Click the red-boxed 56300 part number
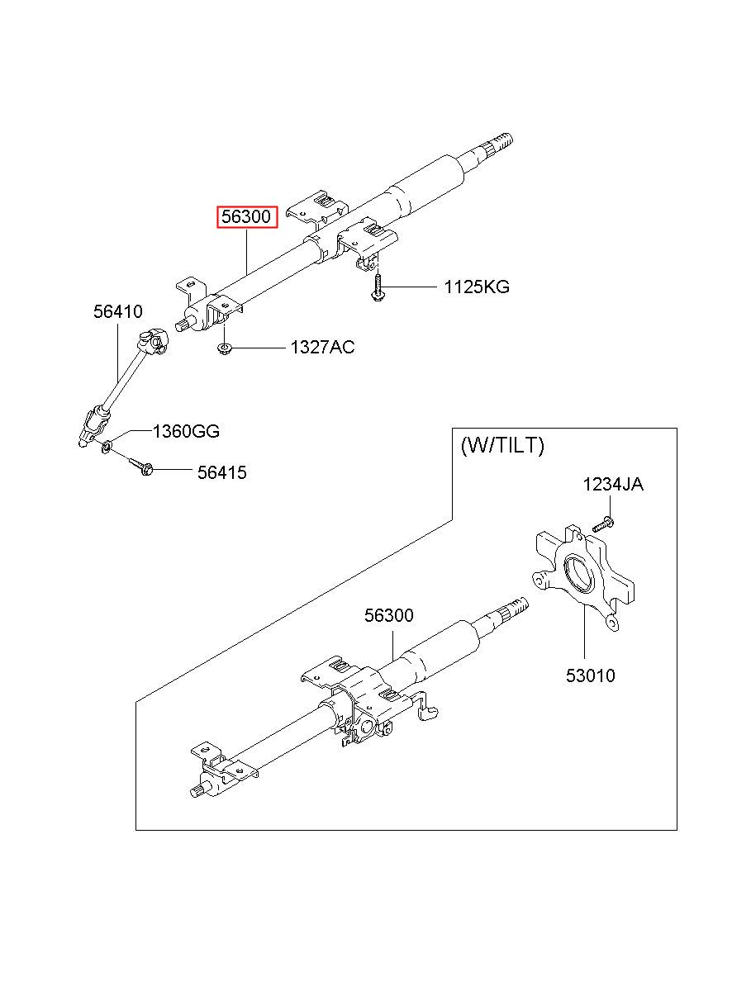[x=246, y=217]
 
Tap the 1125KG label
[x=477, y=287]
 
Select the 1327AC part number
[x=322, y=347]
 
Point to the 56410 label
[x=118, y=311]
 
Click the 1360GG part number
[x=186, y=431]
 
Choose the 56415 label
[x=222, y=472]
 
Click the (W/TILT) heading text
[x=502, y=445]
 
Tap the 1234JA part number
[x=613, y=485]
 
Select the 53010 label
[x=591, y=675]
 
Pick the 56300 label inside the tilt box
[x=389, y=615]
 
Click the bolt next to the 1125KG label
[x=377, y=289]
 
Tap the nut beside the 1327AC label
[x=223, y=348]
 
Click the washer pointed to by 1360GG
[x=107, y=446]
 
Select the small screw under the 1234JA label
[x=604, y=524]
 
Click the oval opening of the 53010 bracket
[x=581, y=573]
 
